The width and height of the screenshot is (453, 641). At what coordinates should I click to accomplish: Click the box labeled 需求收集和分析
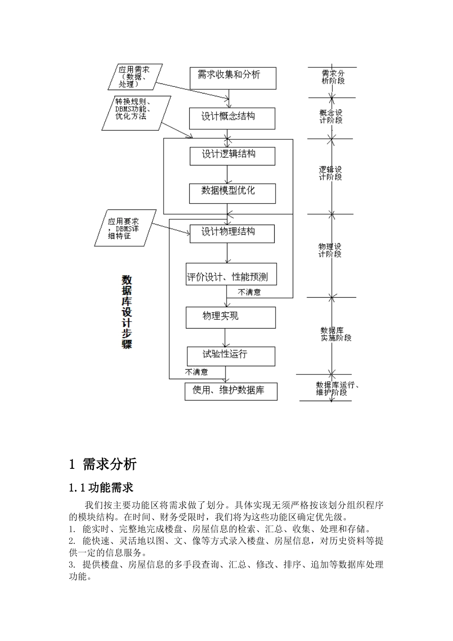(x=233, y=78)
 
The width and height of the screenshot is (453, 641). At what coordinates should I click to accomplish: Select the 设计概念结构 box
(x=232, y=118)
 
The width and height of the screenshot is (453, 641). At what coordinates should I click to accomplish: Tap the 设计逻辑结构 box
(x=232, y=156)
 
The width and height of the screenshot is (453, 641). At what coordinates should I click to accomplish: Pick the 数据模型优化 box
(x=232, y=193)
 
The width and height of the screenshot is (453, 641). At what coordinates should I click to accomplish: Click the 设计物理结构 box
(x=232, y=234)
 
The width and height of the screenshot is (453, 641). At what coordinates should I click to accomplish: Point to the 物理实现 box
(x=231, y=318)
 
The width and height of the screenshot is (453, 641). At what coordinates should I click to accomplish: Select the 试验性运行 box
(x=231, y=356)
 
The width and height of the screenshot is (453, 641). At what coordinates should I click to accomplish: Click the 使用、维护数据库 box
(x=231, y=391)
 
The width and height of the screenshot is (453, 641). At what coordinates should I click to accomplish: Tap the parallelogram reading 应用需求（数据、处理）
(x=134, y=77)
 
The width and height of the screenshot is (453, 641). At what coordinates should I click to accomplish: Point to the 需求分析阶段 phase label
(x=333, y=77)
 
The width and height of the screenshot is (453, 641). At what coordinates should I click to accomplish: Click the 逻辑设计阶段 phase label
(x=330, y=173)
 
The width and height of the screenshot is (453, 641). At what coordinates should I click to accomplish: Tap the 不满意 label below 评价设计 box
(x=249, y=292)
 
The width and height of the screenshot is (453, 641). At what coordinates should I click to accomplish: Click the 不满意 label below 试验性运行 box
(x=196, y=372)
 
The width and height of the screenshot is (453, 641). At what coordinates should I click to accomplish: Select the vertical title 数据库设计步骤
(x=127, y=312)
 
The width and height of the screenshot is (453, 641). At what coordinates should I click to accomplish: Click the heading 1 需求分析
(x=103, y=464)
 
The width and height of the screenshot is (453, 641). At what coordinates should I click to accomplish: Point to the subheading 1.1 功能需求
(x=101, y=487)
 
